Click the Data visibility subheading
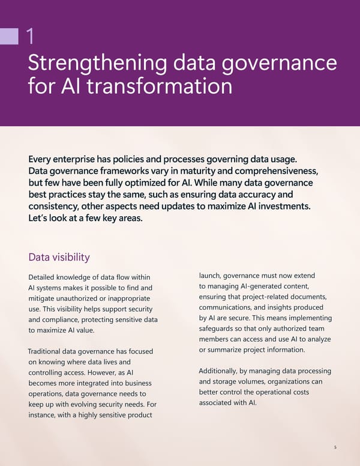[x=59, y=257]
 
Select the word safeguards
[x=220, y=328]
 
